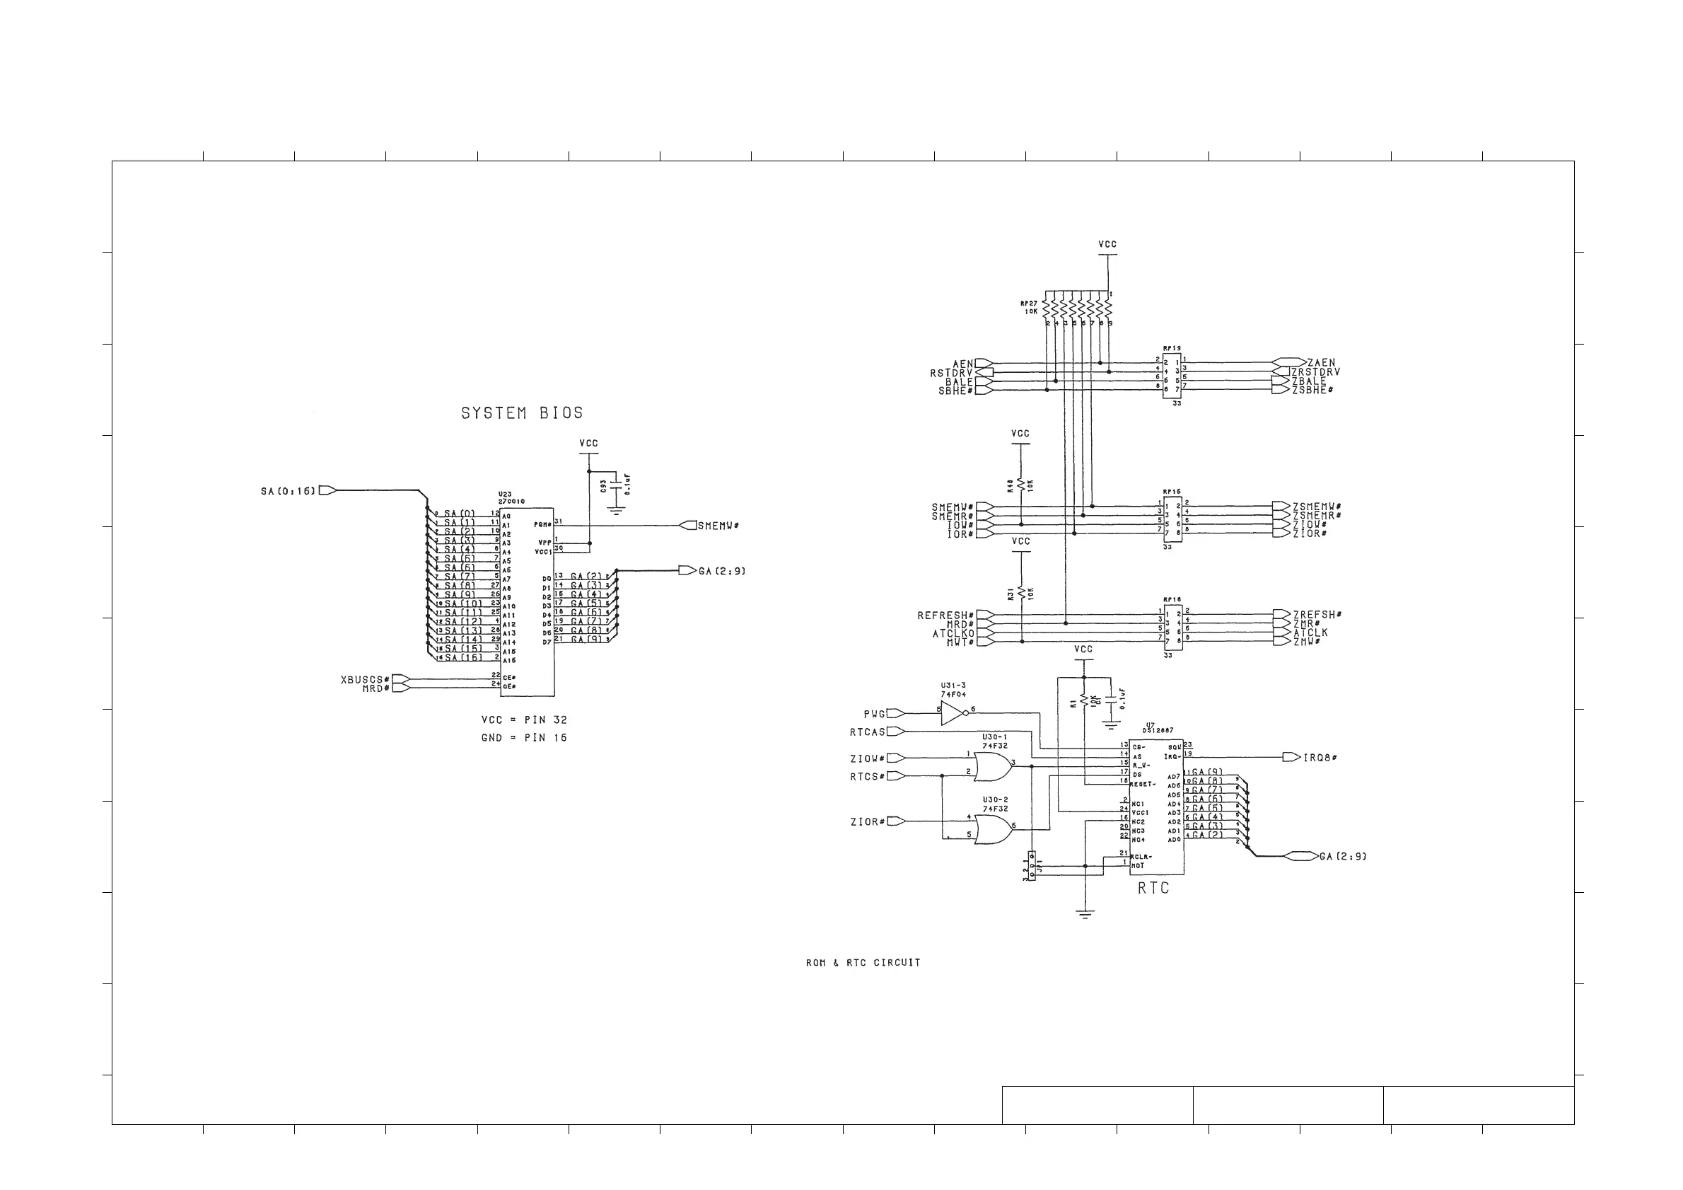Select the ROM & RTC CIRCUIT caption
(x=863, y=963)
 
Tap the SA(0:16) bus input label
(x=288, y=490)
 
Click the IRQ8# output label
(x=1320, y=758)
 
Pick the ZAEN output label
(x=1322, y=363)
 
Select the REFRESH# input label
(x=945, y=615)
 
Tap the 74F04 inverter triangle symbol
(x=953, y=712)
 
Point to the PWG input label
(x=875, y=713)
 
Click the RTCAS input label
(x=868, y=732)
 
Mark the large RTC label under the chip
(x=1153, y=889)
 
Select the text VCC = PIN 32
(x=524, y=720)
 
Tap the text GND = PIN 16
(x=524, y=738)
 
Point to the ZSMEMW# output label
(x=1317, y=507)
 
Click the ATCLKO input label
(x=954, y=633)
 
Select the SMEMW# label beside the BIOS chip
(x=718, y=526)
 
